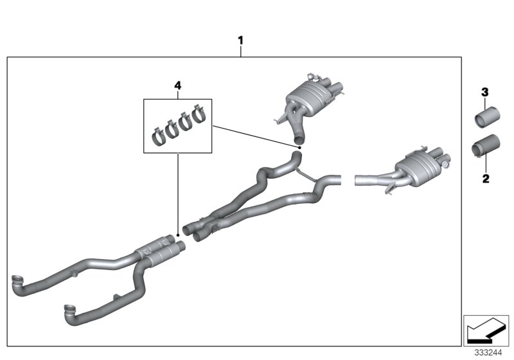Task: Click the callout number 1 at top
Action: tap(241, 40)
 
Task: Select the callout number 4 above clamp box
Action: tap(178, 85)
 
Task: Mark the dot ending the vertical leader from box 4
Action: tap(177, 235)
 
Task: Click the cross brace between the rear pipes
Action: tap(309, 176)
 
